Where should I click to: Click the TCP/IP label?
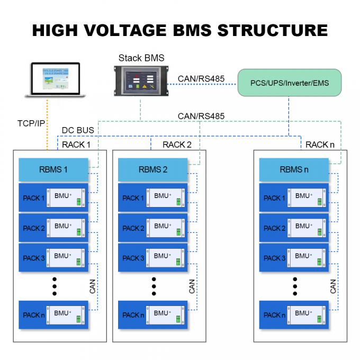(31, 122)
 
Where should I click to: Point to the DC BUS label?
(78, 130)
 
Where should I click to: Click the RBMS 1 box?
(53, 170)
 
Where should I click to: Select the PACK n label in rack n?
(275, 315)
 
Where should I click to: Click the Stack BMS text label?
(141, 58)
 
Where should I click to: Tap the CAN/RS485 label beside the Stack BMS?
(201, 79)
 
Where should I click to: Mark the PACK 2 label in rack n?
(275, 228)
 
